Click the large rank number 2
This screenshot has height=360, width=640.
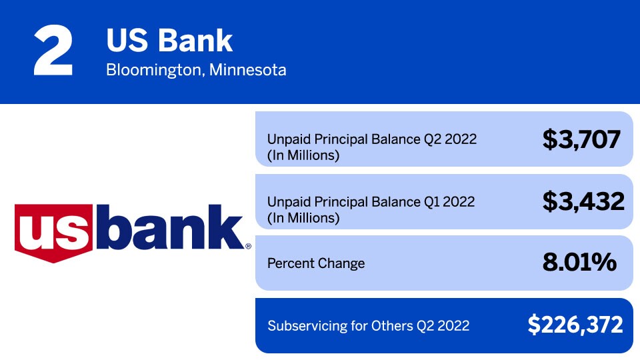[x=53, y=50]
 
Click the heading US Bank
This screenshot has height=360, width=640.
[x=169, y=41]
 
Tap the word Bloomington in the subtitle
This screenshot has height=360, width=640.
[x=153, y=70]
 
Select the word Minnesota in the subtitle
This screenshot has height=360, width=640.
[x=248, y=70]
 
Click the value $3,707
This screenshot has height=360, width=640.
[x=581, y=139]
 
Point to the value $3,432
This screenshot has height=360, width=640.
[x=583, y=201]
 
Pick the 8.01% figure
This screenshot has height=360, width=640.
[x=579, y=262]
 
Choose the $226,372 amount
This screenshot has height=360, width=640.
[x=575, y=325]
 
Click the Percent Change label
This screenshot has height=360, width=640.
[x=316, y=263]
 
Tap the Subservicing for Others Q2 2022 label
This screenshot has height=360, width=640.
[x=368, y=326]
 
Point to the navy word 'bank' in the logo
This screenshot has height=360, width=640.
[x=169, y=227]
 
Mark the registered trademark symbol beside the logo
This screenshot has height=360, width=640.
[x=248, y=246]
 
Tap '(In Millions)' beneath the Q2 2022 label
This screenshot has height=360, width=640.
[x=303, y=155]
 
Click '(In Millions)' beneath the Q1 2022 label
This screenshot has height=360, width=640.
[x=303, y=218]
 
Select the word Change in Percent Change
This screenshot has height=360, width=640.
[x=341, y=263]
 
